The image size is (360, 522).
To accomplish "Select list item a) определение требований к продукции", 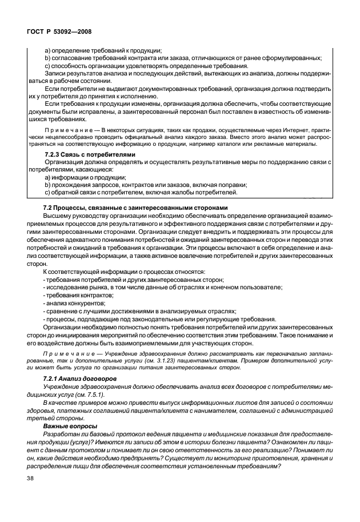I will coord(103,50).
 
